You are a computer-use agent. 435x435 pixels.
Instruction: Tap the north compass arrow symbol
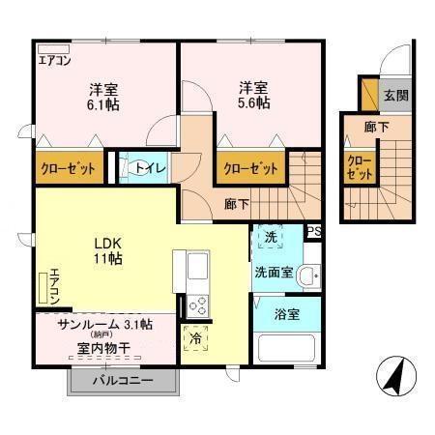[391, 376]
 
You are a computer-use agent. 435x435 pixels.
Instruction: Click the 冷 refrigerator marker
[196, 339]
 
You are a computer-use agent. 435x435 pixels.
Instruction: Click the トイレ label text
[150, 168]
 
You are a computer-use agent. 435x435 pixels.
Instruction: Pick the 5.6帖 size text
[255, 101]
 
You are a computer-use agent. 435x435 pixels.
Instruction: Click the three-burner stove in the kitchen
[197, 304]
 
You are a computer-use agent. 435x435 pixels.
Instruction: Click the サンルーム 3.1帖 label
[104, 324]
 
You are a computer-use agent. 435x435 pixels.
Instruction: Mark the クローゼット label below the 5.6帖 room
[250, 168]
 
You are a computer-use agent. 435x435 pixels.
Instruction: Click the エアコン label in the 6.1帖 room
[54, 60]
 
